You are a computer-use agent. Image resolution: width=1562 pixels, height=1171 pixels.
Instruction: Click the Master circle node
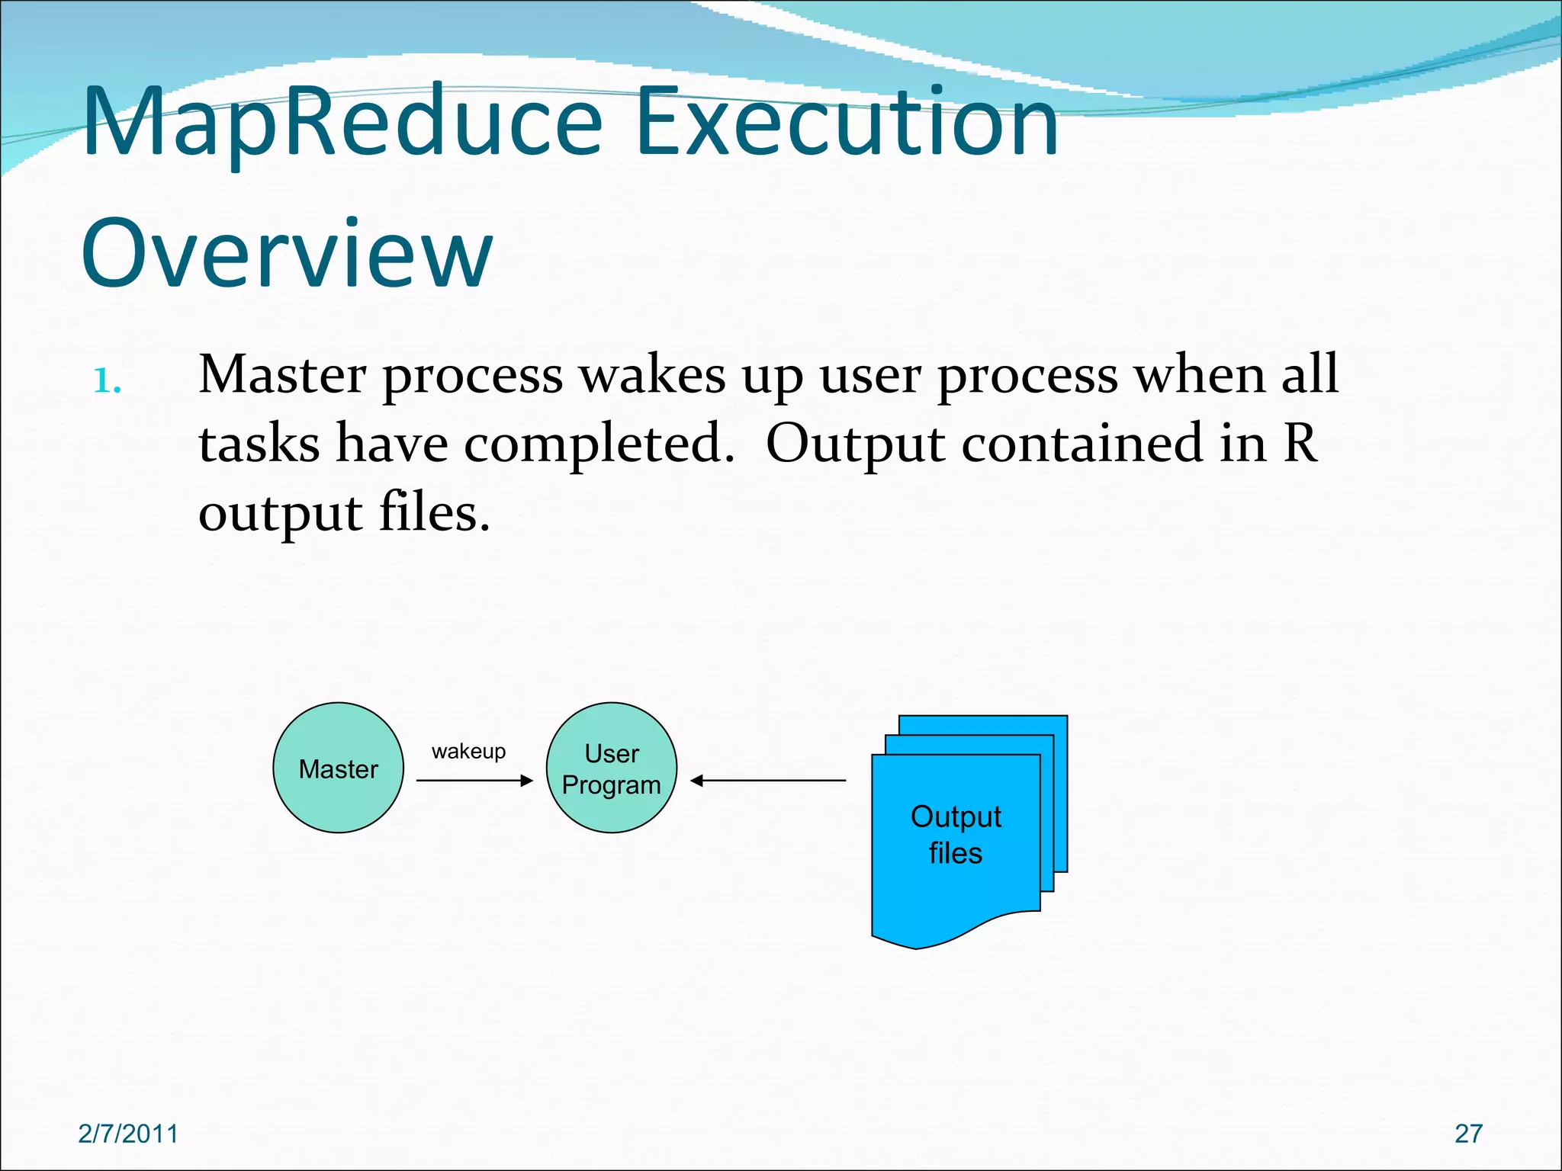tap(338, 768)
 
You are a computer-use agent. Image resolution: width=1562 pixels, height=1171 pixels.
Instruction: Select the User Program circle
tap(611, 768)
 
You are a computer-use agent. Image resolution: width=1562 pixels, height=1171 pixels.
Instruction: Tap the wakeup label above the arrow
tap(468, 752)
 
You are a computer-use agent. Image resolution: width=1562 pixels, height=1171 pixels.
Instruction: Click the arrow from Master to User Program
tap(474, 781)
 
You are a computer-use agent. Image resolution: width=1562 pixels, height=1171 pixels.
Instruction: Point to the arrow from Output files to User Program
tap(768, 781)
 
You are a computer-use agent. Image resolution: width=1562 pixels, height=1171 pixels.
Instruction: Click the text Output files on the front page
tap(956, 834)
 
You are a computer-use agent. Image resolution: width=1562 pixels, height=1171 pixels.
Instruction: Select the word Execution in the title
tap(847, 122)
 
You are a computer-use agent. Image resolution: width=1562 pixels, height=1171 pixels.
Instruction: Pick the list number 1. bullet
tap(108, 380)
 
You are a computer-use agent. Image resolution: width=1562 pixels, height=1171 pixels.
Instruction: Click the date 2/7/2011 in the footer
tap(128, 1134)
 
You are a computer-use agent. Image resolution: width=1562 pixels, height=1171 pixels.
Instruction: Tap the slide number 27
tap(1468, 1134)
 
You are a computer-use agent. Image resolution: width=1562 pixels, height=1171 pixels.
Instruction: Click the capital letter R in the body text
tap(1300, 444)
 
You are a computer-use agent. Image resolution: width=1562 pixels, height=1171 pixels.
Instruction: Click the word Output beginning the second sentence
tap(855, 445)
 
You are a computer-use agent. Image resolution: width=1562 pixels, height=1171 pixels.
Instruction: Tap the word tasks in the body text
tap(259, 445)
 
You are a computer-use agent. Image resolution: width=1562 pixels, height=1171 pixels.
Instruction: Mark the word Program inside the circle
tap(611, 785)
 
